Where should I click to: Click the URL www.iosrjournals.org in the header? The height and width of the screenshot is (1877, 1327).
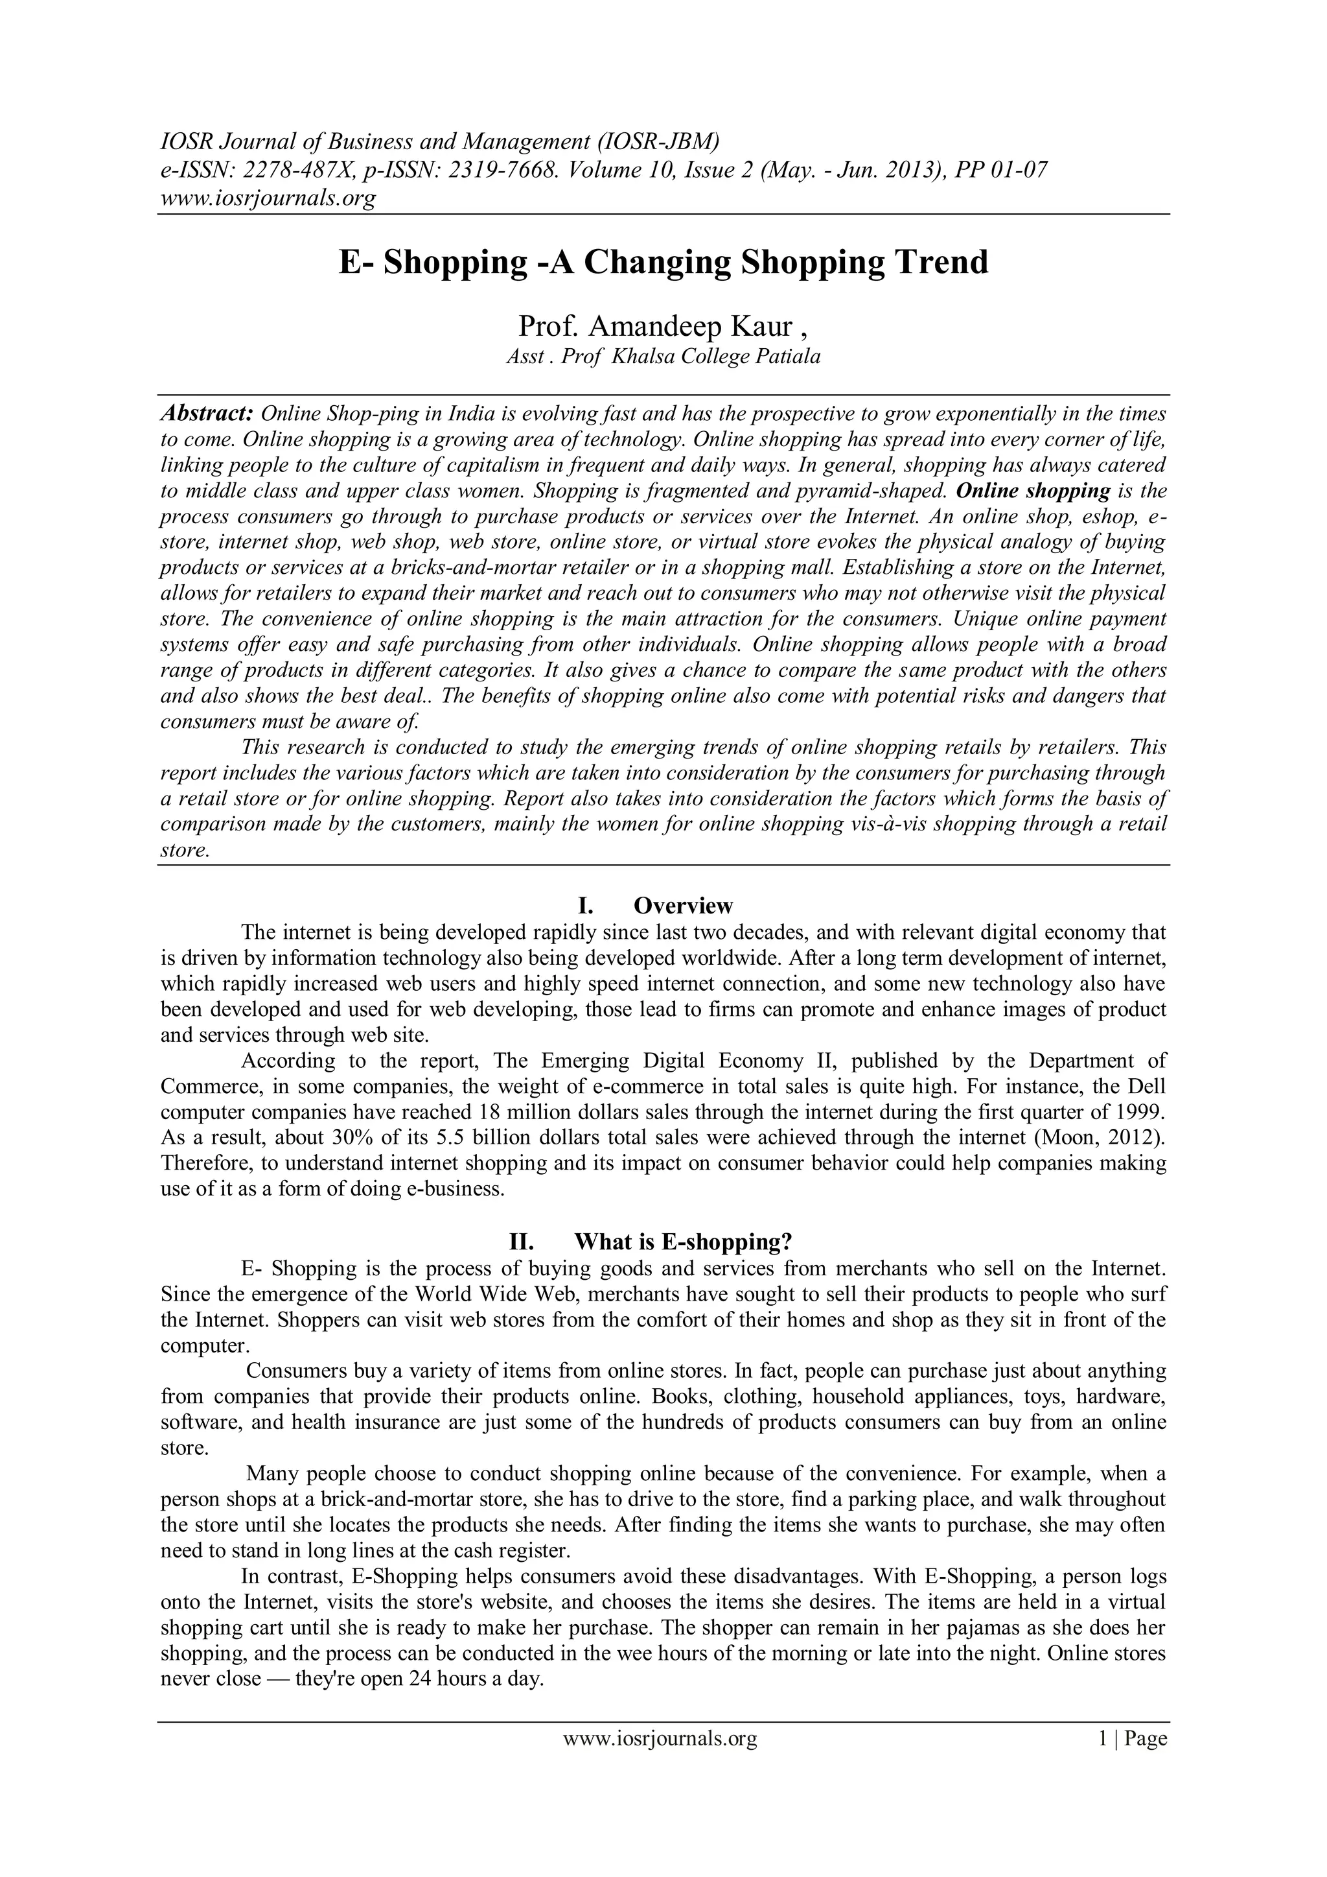point(267,197)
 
